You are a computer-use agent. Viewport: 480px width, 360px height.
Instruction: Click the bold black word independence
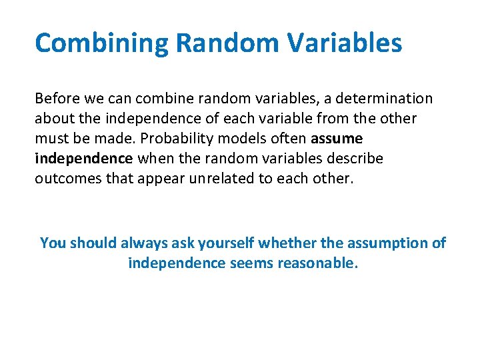pyautogui.click(x=84, y=159)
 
